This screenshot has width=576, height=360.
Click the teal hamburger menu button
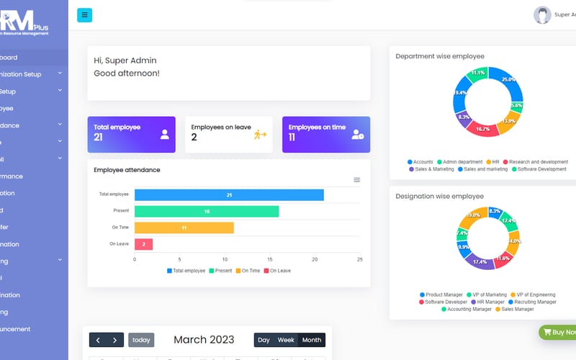pos(84,14)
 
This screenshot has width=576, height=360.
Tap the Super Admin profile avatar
pos(542,15)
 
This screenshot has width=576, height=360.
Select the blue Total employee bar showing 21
pos(229,195)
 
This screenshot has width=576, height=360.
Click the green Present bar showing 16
pos(207,211)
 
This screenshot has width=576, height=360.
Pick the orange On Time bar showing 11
pos(184,228)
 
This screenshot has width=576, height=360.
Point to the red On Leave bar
pos(143,244)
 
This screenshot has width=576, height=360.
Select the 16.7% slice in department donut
pos(484,128)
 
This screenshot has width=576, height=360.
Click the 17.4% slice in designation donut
pos(480,261)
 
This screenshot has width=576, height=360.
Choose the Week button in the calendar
pos(286,340)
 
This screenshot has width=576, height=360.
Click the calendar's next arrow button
pos(115,340)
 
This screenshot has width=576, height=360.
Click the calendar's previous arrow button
pos(98,340)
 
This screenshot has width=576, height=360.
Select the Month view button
pos(312,340)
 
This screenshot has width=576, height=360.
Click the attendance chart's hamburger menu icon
pos(356,180)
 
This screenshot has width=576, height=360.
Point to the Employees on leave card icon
pos(260,134)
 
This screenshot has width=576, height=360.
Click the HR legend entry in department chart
pos(494,162)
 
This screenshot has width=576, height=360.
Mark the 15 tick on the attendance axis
pos(270,259)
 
